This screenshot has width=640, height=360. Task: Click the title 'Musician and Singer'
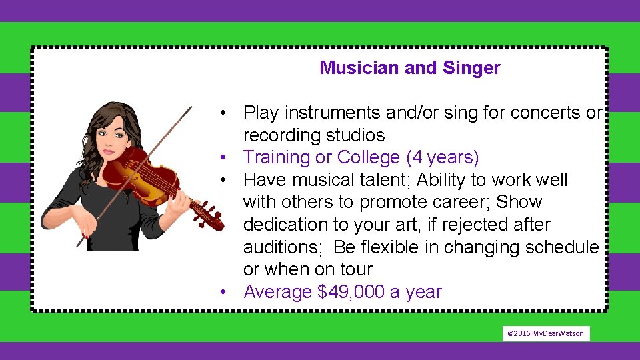click(409, 68)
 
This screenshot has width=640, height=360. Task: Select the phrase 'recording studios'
click(314, 135)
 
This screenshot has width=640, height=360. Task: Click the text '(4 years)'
click(443, 157)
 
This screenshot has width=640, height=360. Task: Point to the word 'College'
click(369, 157)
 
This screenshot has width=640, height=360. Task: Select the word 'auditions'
click(283, 247)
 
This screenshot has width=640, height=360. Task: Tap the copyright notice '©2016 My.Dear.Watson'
click(545, 333)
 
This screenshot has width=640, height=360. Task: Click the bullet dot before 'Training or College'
click(227, 158)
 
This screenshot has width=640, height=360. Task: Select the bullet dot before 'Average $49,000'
click(227, 293)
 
